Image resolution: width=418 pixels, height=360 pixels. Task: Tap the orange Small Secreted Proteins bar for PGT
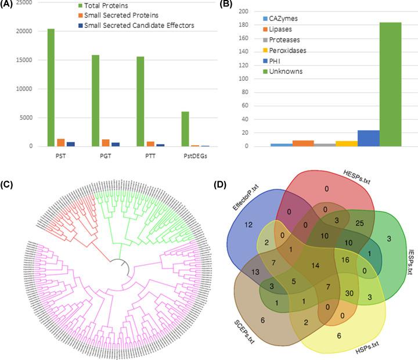pos(105,143)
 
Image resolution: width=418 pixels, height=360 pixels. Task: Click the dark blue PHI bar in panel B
pos(368,138)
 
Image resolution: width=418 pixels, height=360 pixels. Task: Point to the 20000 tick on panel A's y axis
pos(23,31)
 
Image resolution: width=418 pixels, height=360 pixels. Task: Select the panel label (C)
pos(8,185)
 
